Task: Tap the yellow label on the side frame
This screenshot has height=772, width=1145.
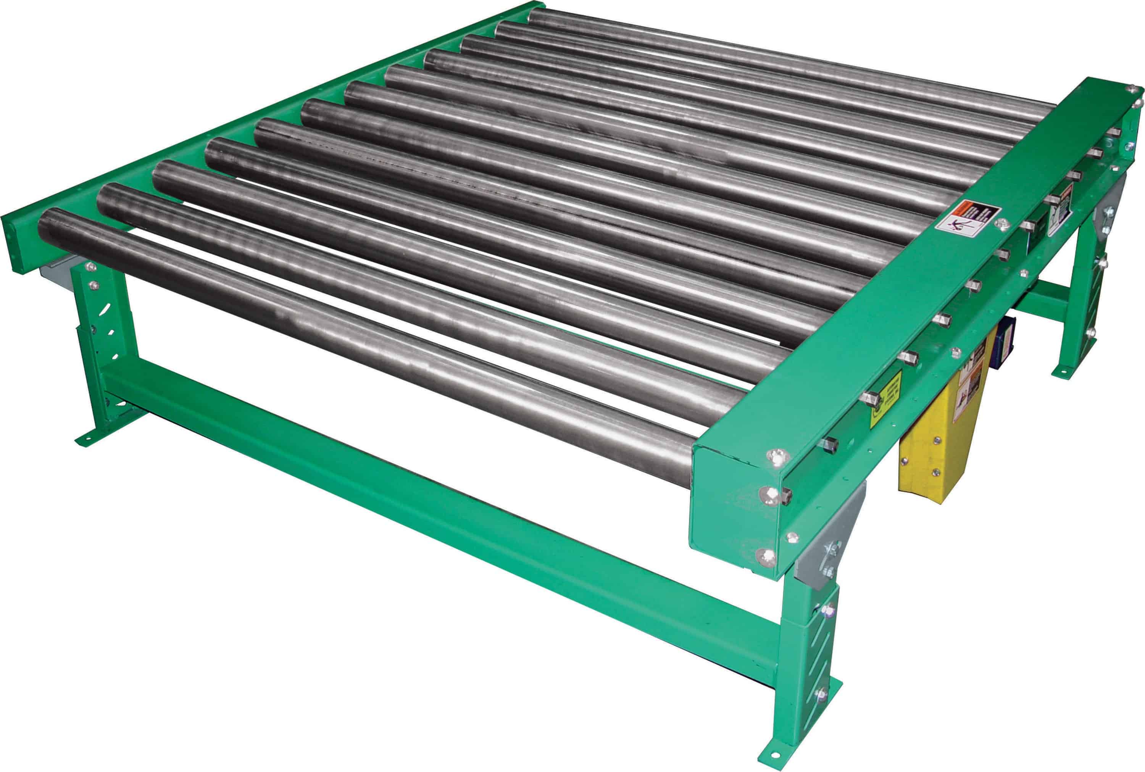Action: (885, 398)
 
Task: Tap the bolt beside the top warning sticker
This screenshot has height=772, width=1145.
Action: (1002, 224)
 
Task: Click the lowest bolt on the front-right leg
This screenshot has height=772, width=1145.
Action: (821, 695)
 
